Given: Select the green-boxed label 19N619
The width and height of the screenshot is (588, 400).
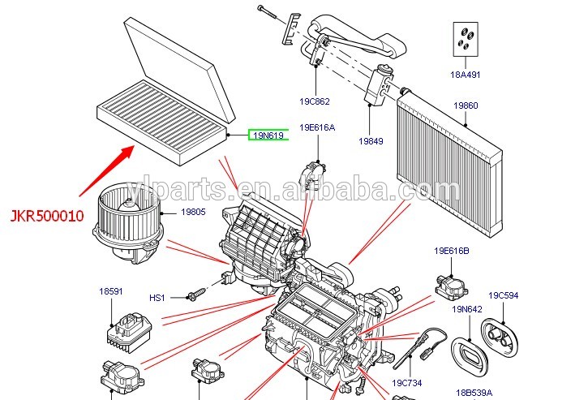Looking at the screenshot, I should coord(268,135).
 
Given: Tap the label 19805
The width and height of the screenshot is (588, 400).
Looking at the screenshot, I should coord(193,213).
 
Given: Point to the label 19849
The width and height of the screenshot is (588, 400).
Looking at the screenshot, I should coord(371,141).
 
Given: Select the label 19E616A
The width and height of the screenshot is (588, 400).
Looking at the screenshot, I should coord(317,127).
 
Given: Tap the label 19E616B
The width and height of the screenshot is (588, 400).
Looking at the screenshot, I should coord(452,251).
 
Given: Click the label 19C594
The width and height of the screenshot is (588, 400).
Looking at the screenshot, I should coord(503,295).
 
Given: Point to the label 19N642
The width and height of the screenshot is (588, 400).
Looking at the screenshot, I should coord(467,309).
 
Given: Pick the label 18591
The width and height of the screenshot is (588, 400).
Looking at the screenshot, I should coord(111,291).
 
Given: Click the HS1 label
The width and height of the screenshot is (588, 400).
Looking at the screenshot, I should coord(157,298).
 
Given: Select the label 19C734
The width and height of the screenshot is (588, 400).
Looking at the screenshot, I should coord(406,382).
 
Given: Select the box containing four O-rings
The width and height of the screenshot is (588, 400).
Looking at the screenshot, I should coord(466,41).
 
